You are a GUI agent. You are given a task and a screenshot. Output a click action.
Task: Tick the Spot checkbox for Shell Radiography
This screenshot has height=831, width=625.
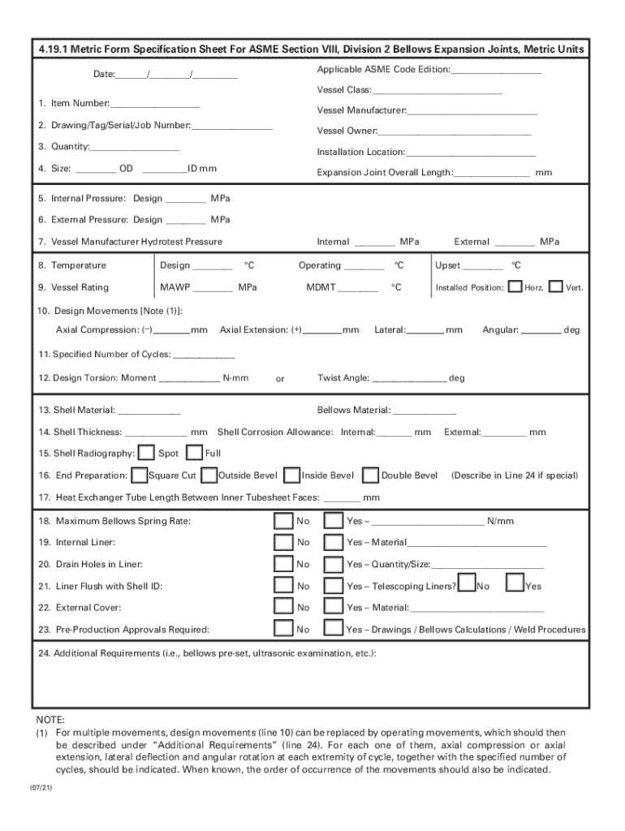[x=147, y=453]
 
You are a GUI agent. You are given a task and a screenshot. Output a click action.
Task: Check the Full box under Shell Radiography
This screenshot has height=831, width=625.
[x=195, y=453]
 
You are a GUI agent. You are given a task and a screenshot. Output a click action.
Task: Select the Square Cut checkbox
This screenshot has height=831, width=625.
[x=139, y=475]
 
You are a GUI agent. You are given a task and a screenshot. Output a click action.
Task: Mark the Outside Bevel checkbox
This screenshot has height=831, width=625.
[x=209, y=475]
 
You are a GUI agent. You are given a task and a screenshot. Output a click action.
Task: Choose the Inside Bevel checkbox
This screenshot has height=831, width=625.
[x=291, y=475]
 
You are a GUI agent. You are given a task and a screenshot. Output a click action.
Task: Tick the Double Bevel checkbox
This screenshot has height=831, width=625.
[x=370, y=475]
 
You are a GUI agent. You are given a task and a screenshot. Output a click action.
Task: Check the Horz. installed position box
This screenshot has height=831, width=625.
[x=515, y=286]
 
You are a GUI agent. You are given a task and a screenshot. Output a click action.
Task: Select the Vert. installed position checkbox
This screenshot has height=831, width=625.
[x=556, y=286]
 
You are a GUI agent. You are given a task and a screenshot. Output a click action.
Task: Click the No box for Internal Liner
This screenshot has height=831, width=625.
[x=283, y=542]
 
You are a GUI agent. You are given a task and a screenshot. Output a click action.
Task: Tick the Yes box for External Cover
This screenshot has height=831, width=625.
[x=333, y=607]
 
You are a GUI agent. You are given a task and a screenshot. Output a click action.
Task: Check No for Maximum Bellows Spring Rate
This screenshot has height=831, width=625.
[x=283, y=520]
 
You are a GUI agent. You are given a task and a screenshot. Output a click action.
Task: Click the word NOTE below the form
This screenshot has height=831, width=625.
[x=50, y=720]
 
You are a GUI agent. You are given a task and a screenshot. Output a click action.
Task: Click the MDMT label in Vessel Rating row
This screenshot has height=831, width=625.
[x=320, y=287]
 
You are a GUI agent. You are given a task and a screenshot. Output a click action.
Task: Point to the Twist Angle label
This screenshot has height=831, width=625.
[x=343, y=378]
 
